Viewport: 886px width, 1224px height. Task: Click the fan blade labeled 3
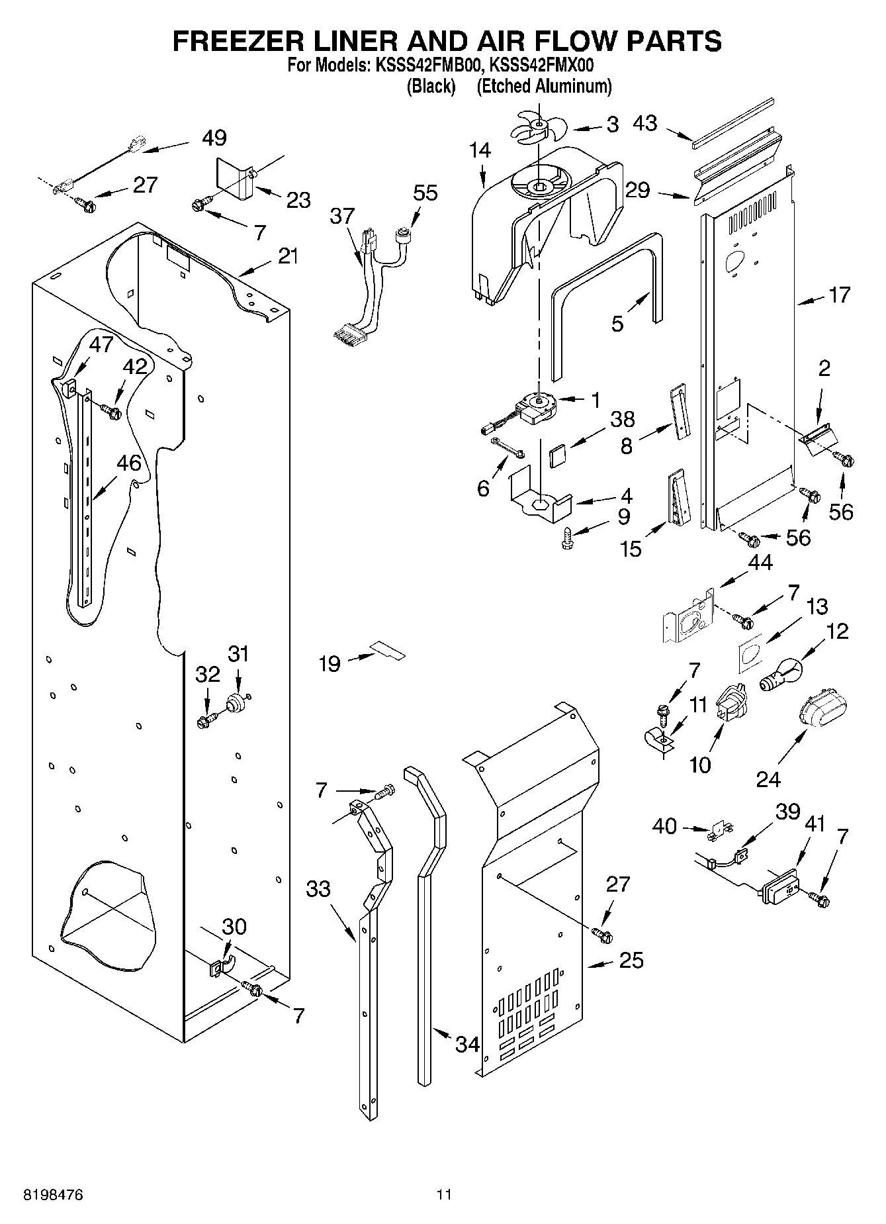[x=538, y=126]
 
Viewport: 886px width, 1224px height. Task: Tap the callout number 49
[x=214, y=138]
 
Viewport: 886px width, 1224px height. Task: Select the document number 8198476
[x=52, y=1196]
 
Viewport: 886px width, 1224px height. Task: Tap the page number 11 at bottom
[x=443, y=1196]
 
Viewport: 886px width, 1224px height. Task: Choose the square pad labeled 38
[x=558, y=456]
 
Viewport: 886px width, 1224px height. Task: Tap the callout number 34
[x=468, y=1044]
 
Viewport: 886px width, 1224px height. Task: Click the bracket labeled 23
[x=235, y=178]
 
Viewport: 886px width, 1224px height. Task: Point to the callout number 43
[x=644, y=123]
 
